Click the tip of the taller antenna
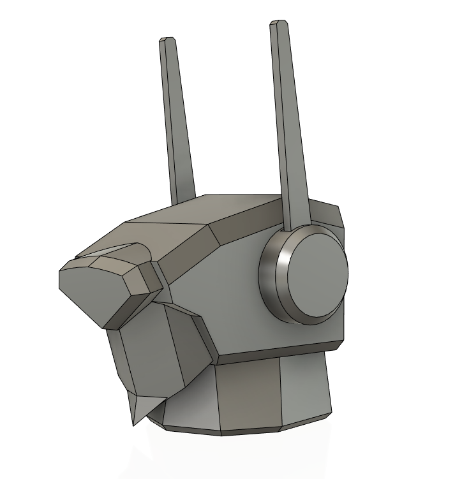coord(278,24)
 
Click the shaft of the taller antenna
coord(288,128)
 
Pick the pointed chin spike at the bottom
coord(138,411)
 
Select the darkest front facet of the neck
coord(249,395)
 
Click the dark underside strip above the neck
coord(274,353)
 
